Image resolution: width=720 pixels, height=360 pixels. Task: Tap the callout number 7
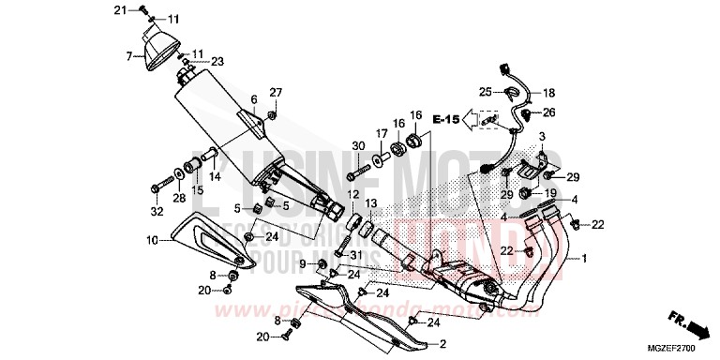click(129, 57)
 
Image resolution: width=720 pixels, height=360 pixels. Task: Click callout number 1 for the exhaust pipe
click(585, 258)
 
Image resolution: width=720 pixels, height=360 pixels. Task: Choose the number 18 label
click(548, 93)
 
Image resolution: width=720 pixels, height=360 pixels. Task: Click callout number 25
click(486, 92)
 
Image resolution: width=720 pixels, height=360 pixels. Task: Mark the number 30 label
click(357, 144)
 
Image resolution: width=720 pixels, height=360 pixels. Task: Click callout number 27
click(276, 92)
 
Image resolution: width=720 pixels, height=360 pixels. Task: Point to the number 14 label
click(215, 175)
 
